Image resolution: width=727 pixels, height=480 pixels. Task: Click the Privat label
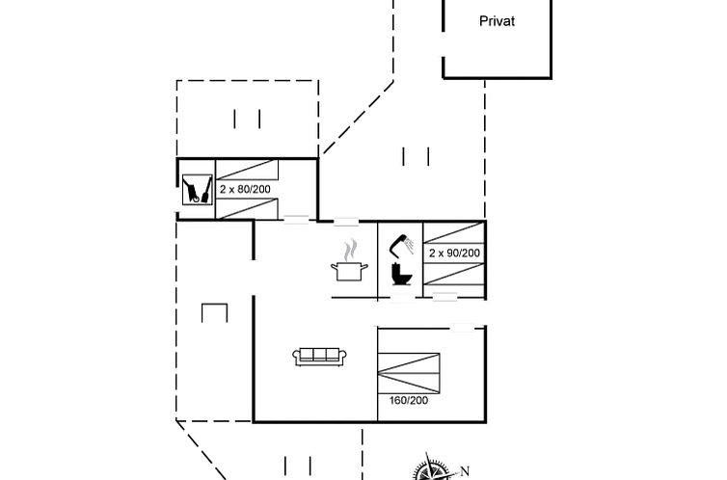click(497, 20)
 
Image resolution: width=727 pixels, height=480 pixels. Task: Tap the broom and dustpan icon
click(197, 189)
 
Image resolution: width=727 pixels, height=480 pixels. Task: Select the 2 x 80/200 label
click(245, 189)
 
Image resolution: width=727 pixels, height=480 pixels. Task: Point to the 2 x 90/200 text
click(454, 253)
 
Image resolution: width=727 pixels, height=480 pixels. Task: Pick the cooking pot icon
click(348, 270)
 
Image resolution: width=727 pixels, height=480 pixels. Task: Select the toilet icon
click(402, 274)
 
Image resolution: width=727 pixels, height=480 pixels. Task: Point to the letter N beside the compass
click(465, 470)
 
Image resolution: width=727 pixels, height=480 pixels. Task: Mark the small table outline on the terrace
click(214, 313)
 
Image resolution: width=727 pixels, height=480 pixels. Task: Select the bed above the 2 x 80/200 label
click(247, 170)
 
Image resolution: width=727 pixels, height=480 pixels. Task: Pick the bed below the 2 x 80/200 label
click(247, 208)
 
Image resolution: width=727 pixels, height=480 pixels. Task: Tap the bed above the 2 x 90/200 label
click(454, 232)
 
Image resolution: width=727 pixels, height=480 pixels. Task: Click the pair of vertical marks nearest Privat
click(417, 155)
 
